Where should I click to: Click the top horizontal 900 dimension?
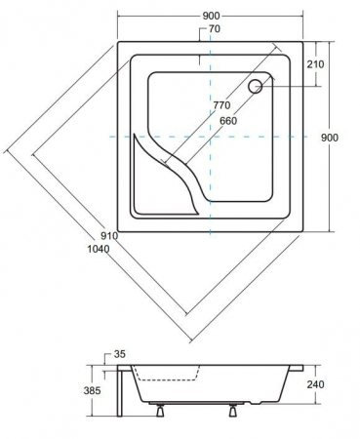pos(211,16)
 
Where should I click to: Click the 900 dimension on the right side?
pos(330,138)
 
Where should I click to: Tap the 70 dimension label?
pos(215,29)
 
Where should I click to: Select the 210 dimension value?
pos(315,64)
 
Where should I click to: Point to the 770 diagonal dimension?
pos(221,105)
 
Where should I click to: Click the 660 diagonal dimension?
pos(228,121)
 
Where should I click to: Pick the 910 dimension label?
pos(109,236)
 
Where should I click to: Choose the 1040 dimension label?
pos(99,249)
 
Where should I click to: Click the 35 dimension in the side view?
pos(120,354)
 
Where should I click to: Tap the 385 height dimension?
pos(92,390)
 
